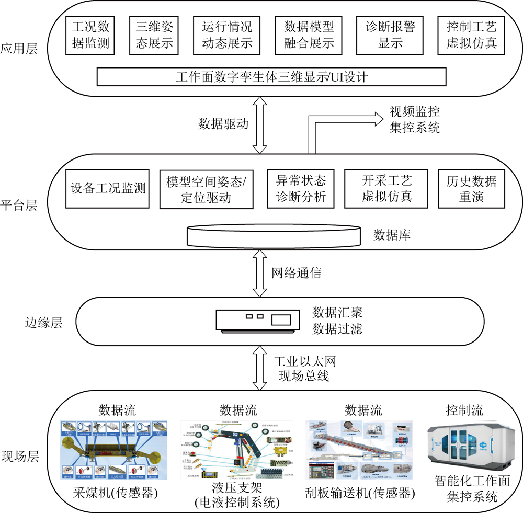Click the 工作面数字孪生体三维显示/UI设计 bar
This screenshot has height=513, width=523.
(x=271, y=77)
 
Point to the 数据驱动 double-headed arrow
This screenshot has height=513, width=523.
(x=260, y=124)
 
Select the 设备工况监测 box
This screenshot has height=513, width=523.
(x=108, y=188)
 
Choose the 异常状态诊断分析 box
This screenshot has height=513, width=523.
(x=300, y=188)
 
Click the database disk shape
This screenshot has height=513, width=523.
(x=274, y=235)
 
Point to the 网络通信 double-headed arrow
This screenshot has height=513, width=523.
(x=260, y=273)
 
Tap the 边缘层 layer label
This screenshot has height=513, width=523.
(x=44, y=322)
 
